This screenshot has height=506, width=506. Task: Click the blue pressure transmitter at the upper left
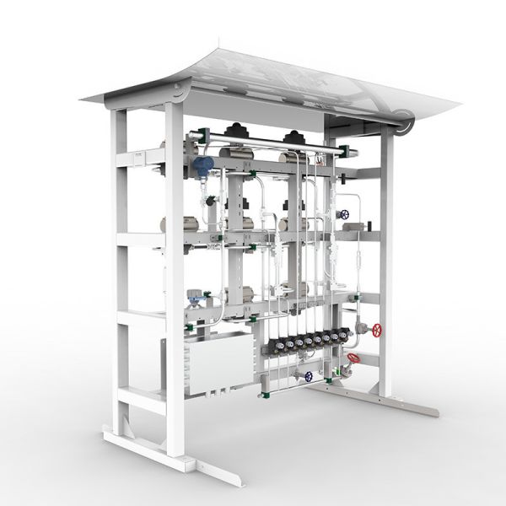pyautogui.click(x=202, y=164)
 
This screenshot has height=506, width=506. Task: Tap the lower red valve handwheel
pyautogui.click(x=354, y=359)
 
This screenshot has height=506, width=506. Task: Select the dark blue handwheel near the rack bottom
pyautogui.click(x=310, y=376)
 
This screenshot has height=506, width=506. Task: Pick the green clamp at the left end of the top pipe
pyautogui.click(x=193, y=134)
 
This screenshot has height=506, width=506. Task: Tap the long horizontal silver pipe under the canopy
pyautogui.click(x=270, y=143)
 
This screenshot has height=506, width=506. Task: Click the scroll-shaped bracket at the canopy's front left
pyautogui.click(x=179, y=92)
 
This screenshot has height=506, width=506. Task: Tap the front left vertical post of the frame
pyautogui.click(x=175, y=278)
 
